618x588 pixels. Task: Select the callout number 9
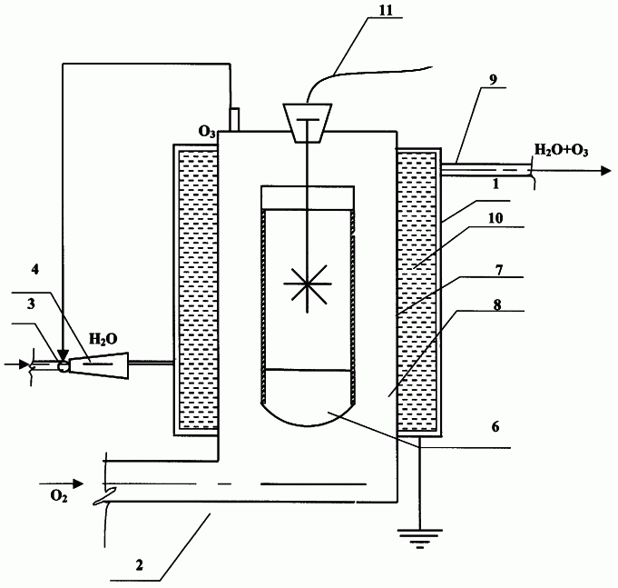[x=493, y=79]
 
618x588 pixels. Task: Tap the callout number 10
[x=495, y=218]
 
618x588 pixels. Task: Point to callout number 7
[x=499, y=270]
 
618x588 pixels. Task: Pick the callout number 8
[x=497, y=305]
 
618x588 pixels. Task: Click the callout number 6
[x=495, y=426]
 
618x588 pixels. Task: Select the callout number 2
[x=139, y=565]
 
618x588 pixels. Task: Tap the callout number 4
[x=35, y=270]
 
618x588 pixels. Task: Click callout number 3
[x=31, y=304]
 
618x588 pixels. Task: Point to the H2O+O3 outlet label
[x=561, y=150]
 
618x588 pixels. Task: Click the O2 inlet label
[x=59, y=496]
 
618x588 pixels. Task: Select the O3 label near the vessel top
[x=207, y=132]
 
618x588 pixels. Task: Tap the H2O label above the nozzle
[x=103, y=339]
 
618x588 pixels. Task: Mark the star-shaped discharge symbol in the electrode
[x=307, y=284]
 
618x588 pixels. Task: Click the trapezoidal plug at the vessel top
[x=308, y=123]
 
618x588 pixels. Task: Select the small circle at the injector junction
[x=63, y=366]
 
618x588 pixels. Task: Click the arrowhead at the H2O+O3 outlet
[x=606, y=171]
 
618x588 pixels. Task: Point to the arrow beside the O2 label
[x=61, y=483]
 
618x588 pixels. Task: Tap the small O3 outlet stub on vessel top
[x=234, y=119]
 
